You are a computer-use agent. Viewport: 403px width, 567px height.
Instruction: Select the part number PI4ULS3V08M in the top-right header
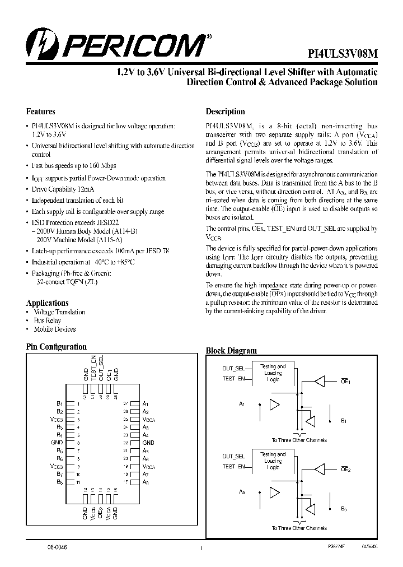click(344, 54)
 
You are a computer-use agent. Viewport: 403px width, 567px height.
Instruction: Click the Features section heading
click(40, 111)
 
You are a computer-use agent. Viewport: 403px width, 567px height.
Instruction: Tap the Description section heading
click(225, 111)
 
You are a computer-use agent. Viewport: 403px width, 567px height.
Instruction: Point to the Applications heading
click(48, 303)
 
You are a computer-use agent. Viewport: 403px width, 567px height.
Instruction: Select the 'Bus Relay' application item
click(48, 320)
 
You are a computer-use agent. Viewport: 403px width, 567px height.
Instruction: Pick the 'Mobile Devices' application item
click(55, 329)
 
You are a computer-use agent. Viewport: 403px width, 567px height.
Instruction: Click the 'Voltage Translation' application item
click(59, 312)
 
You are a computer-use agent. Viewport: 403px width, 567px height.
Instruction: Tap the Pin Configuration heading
click(57, 347)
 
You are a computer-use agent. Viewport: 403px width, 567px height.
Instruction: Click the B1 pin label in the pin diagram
click(59, 403)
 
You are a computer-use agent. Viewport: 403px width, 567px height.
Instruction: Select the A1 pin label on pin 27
click(146, 403)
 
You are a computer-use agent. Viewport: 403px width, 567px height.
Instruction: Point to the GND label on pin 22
click(148, 443)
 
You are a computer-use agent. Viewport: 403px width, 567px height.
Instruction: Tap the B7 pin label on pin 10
click(59, 474)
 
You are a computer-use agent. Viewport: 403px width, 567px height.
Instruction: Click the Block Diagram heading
click(231, 351)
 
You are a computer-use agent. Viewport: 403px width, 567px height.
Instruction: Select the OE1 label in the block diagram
click(345, 381)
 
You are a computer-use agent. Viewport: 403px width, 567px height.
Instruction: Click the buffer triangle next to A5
click(274, 492)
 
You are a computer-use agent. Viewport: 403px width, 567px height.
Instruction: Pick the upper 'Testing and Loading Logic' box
click(273, 373)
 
